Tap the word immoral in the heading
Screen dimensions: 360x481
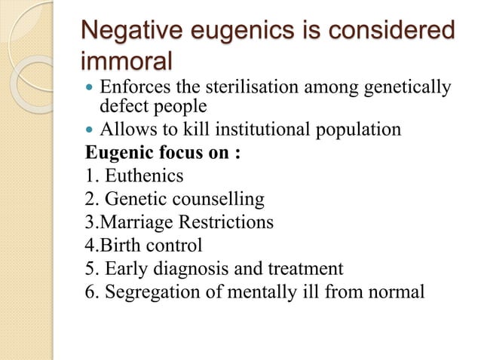point(127,60)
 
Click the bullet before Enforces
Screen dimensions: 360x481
point(90,89)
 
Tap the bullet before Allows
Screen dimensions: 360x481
point(90,130)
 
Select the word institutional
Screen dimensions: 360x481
point(268,130)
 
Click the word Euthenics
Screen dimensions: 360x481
point(143,176)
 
